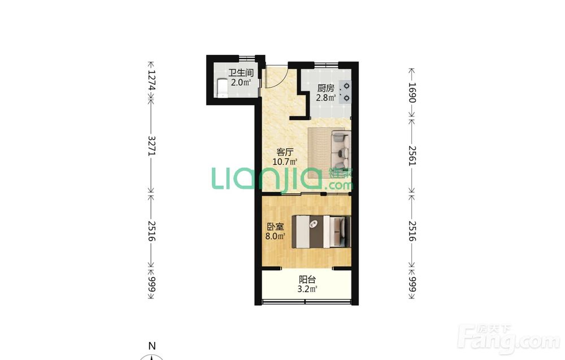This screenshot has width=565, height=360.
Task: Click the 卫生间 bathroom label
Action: [241, 73]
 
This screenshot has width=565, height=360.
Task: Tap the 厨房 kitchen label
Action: [326, 88]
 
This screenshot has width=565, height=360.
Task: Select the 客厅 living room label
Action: [285, 152]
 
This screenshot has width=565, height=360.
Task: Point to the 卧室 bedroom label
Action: [275, 227]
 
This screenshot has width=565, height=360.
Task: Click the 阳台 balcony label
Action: [307, 279]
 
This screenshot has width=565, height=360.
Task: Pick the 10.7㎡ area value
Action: [285, 162]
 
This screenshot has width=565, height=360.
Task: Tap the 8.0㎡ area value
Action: [275, 236]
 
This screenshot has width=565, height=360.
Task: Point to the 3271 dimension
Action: [151, 146]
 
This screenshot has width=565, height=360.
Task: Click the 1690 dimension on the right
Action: [412, 93]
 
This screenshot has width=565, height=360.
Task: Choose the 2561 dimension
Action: [412, 155]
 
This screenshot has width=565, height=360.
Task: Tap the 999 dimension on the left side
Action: [151, 284]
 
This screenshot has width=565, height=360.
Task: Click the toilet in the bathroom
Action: [221, 88]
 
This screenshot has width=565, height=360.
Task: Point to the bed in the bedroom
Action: [321, 231]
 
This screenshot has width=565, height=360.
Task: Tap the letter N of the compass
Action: [152, 346]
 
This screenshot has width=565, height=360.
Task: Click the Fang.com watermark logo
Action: [510, 340]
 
